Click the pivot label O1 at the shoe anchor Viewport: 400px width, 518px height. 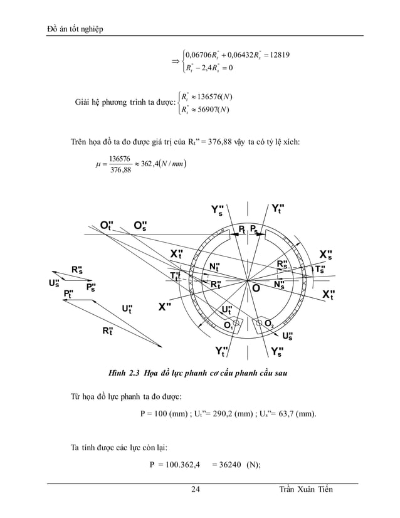pyautogui.click(x=229, y=325)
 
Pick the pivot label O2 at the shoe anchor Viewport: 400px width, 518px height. pyautogui.click(x=268, y=324)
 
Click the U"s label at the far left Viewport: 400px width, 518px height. pyautogui.click(x=54, y=283)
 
